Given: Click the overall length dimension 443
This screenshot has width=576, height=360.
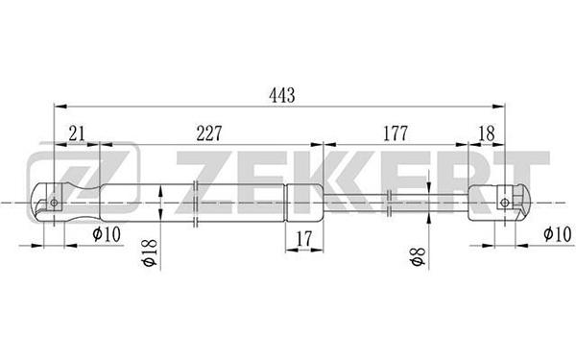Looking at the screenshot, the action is [281, 95].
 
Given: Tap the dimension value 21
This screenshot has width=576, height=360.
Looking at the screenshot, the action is [77, 133].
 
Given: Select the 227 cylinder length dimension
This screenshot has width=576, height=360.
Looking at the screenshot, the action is [209, 133].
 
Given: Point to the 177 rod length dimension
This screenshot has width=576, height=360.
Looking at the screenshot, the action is [396, 133].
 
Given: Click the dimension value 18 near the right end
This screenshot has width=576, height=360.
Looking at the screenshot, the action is [487, 133].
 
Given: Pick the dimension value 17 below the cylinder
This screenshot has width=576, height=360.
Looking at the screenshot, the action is [303, 239].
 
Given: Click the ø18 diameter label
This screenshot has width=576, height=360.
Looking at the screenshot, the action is [151, 253].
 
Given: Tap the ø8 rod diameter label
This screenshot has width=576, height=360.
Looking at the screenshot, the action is [418, 256].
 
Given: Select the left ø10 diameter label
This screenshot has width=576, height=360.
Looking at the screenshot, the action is [107, 234].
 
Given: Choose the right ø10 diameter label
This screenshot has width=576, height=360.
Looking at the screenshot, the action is [558, 234].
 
